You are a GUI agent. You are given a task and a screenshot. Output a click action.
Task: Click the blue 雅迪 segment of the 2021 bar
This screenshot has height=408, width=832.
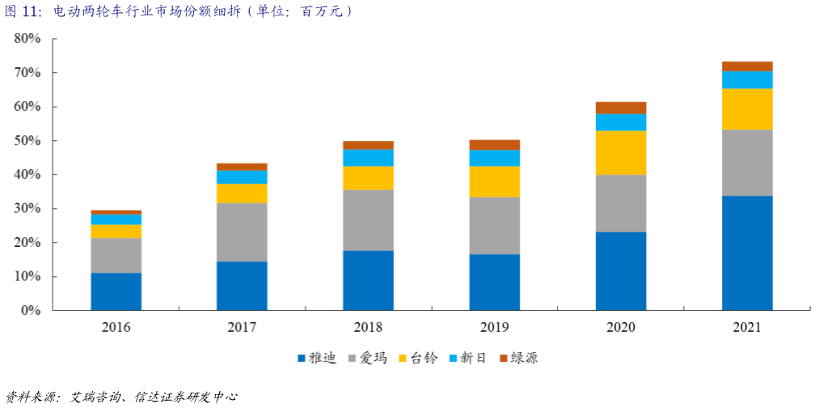[746, 253]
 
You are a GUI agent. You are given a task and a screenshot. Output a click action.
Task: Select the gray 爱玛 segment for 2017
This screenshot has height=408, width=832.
[242, 232]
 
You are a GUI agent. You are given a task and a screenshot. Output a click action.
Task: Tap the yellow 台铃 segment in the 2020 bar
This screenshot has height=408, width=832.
[620, 152]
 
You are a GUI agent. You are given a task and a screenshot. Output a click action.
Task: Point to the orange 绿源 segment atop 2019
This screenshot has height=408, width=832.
[494, 144]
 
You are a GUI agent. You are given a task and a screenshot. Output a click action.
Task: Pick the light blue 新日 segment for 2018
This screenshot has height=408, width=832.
[368, 157]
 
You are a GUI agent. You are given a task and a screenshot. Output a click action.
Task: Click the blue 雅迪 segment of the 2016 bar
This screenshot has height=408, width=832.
[116, 291]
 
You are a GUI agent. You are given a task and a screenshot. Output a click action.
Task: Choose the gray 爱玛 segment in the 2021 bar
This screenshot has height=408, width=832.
[746, 162]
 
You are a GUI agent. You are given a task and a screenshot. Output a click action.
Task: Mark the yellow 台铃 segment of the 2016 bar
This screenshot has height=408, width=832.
[116, 231]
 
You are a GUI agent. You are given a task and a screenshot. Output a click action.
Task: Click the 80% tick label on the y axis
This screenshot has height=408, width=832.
[27, 39]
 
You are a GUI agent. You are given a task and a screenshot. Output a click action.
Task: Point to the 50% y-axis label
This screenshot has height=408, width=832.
[27, 141]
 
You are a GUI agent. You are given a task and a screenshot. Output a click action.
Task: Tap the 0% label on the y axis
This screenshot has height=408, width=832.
[30, 311]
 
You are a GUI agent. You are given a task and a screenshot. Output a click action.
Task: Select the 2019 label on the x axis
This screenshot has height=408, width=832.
[494, 327]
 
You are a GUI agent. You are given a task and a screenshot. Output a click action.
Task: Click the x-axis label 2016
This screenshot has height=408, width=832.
[116, 327]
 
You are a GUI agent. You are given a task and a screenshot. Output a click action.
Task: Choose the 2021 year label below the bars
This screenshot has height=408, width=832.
[746, 327]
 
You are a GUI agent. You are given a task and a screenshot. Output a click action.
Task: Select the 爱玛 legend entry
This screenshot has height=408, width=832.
[368, 358]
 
